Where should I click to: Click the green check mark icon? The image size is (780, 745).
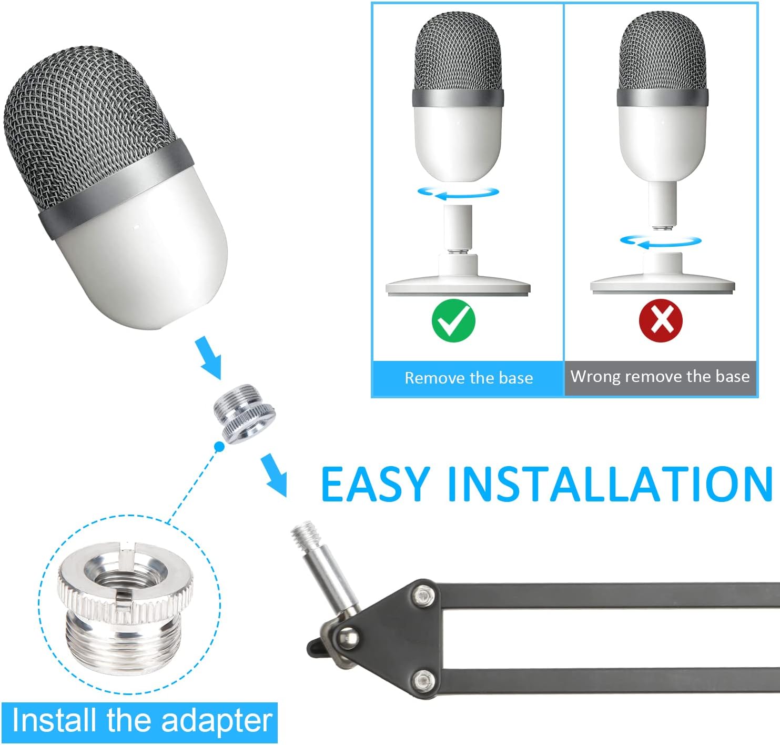[453, 320]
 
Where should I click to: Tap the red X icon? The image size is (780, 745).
[661, 320]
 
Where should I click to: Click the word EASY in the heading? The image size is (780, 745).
[376, 484]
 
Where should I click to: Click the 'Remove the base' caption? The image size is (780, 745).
[469, 378]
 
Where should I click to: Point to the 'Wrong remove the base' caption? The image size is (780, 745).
[660, 377]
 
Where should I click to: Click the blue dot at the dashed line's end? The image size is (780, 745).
[219, 446]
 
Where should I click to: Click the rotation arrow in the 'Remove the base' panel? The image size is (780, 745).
[458, 193]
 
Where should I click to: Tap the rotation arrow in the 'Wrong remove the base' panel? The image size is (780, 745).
[661, 241]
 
